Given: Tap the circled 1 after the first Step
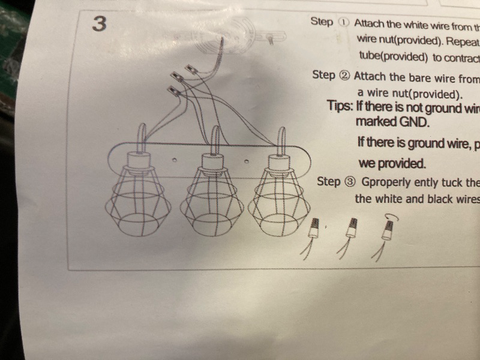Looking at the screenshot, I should tap(343, 22).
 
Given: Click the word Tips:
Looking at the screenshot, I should tap(340, 106).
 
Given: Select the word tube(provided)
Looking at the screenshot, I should tap(391, 58).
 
